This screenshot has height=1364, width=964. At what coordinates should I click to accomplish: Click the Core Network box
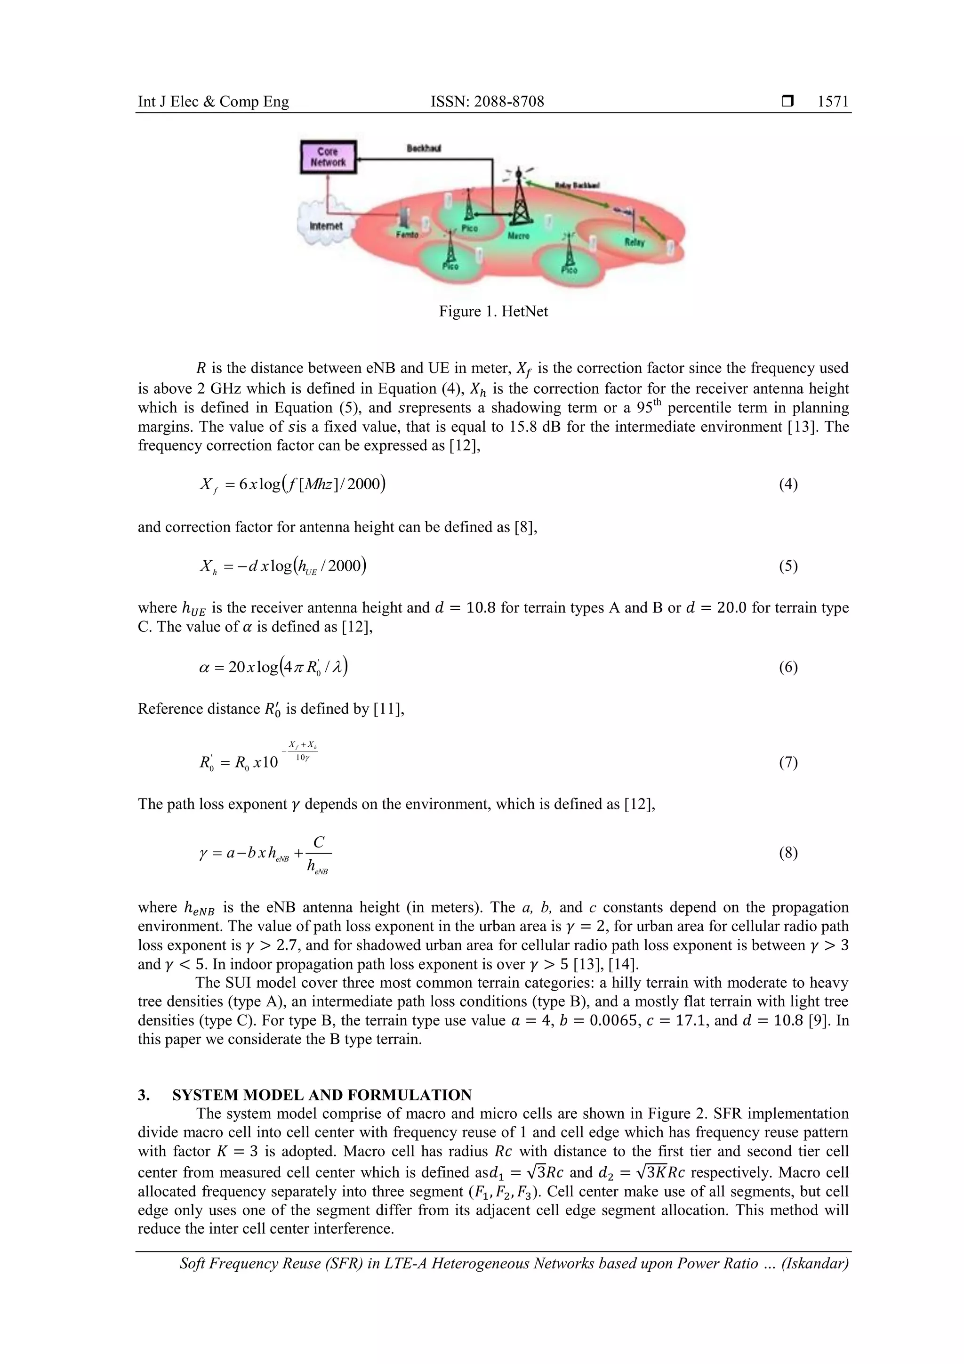328,157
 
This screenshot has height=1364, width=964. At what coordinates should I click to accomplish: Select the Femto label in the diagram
407,234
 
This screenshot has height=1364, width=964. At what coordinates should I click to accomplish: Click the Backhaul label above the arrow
424,148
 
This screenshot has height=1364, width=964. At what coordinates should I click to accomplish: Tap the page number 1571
833,102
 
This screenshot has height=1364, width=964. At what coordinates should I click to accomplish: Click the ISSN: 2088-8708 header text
487,102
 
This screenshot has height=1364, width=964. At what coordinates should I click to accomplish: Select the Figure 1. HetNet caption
493,311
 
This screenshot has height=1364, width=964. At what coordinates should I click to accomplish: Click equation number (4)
788,484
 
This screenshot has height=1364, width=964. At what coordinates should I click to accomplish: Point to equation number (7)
788,762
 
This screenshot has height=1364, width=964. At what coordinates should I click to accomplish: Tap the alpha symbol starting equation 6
204,667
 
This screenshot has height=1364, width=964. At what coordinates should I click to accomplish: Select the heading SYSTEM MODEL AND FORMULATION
322,1095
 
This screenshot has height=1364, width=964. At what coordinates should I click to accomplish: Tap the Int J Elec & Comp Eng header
213,102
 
